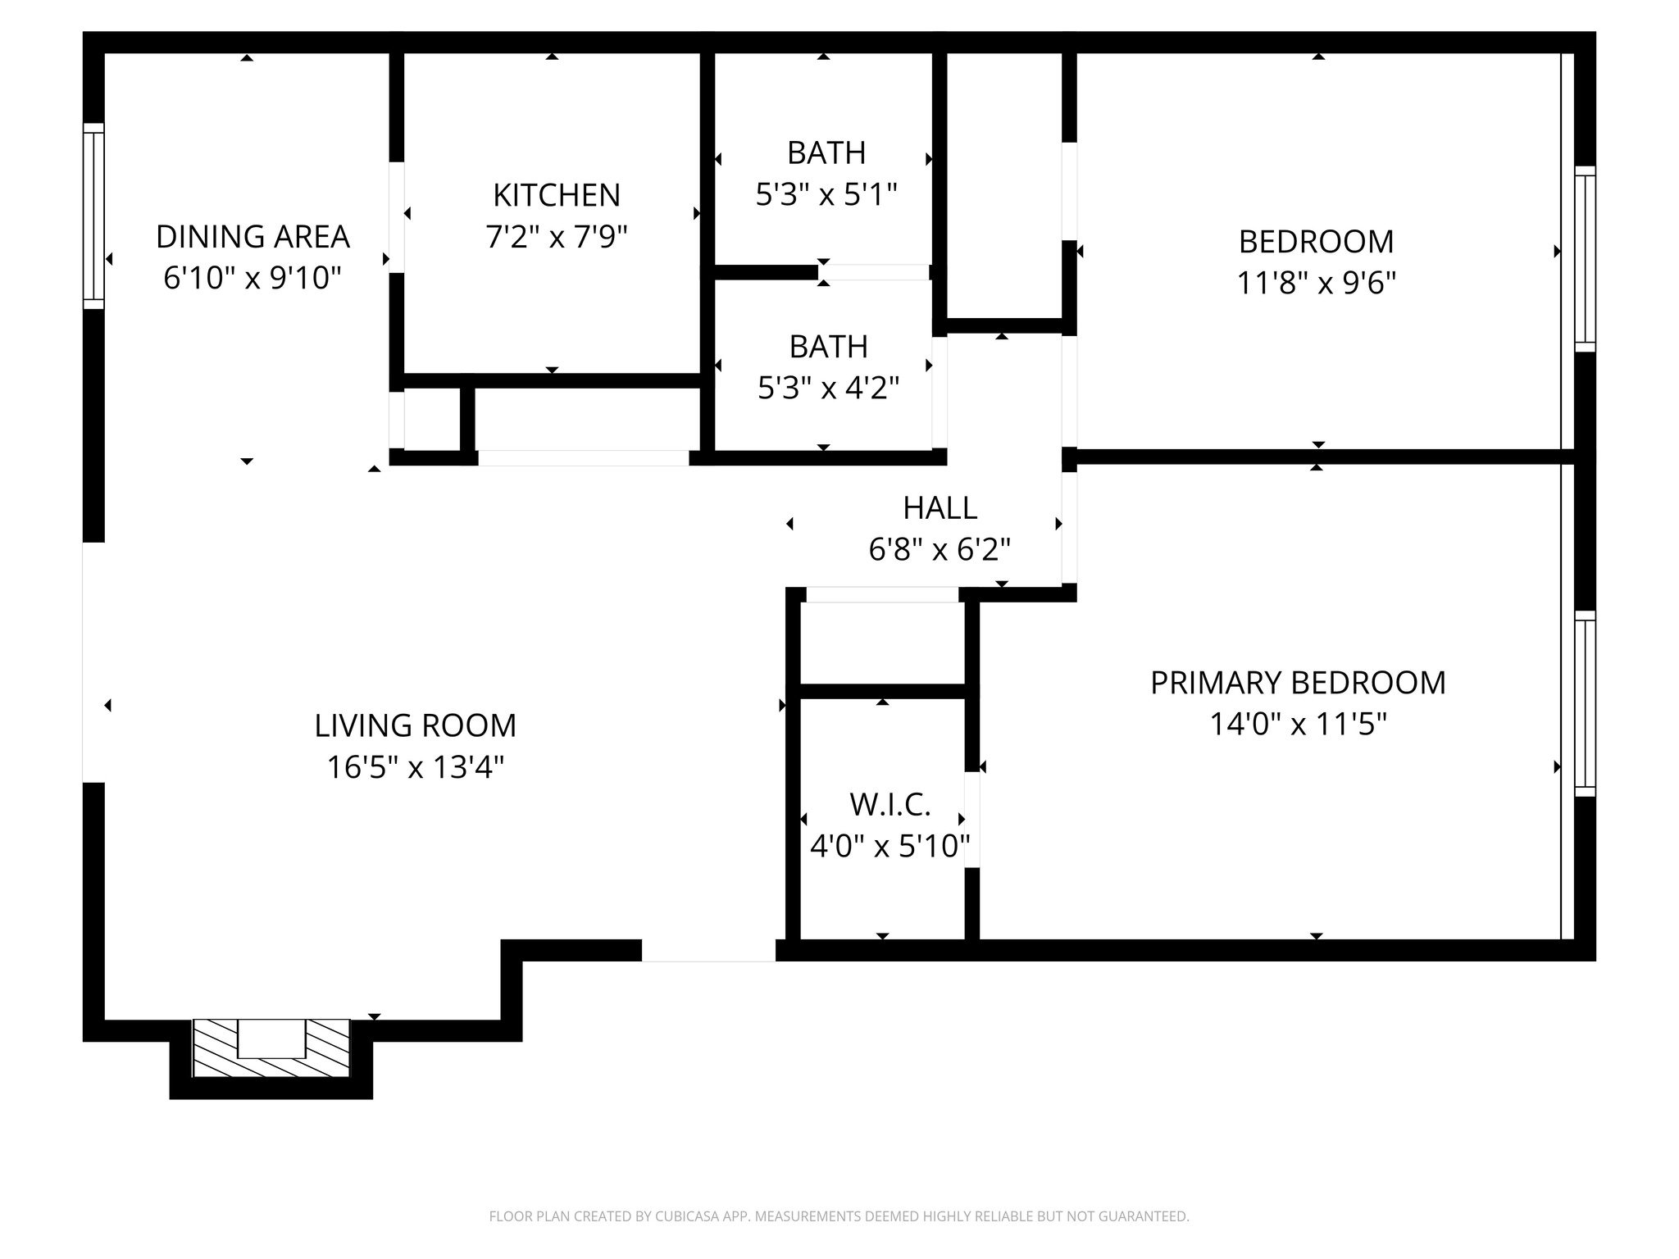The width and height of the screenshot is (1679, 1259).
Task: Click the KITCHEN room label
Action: (x=557, y=195)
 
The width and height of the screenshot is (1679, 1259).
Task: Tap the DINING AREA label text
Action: (x=253, y=237)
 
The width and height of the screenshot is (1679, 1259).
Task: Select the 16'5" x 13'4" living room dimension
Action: (x=415, y=768)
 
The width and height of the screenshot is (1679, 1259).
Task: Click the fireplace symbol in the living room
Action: (x=271, y=1048)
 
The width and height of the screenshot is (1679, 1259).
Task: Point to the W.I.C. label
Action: (x=890, y=805)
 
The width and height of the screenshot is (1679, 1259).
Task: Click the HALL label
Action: (x=940, y=508)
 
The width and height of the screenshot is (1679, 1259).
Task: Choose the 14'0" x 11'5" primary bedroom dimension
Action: (x=1298, y=725)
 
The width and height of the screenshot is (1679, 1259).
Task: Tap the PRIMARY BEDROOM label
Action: (x=1298, y=683)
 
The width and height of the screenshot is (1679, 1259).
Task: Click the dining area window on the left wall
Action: (x=94, y=216)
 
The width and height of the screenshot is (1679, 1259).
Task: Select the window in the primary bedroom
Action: (x=1585, y=703)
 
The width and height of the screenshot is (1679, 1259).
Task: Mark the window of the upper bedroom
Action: (x=1585, y=259)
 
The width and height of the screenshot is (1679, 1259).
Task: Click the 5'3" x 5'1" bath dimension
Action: (x=826, y=195)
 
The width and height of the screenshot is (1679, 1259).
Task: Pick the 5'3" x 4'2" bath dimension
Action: (x=828, y=389)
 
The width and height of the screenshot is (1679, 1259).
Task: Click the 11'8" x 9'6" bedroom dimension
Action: (x=1316, y=284)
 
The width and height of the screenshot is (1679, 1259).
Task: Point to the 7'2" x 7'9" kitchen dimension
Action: (x=557, y=238)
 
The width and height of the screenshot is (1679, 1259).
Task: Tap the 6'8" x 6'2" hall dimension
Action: (x=940, y=550)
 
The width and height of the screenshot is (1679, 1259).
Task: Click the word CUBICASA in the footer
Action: (x=687, y=1217)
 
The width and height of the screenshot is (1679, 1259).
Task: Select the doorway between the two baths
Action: (x=874, y=272)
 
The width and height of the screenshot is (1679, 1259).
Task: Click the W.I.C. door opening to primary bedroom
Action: (x=972, y=820)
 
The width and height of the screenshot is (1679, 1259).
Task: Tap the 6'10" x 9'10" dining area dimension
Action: (x=253, y=279)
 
